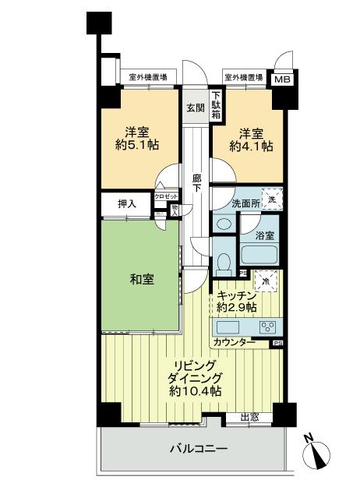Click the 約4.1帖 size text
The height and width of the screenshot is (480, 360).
coord(251,146)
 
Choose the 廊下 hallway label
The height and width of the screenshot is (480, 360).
coord(196,182)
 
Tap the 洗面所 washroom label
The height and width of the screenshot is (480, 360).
coord(225,203)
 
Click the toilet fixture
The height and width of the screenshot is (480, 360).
coord(224,262)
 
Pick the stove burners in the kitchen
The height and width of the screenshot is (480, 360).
coord(270,326)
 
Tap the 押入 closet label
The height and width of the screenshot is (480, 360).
coord(126,204)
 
